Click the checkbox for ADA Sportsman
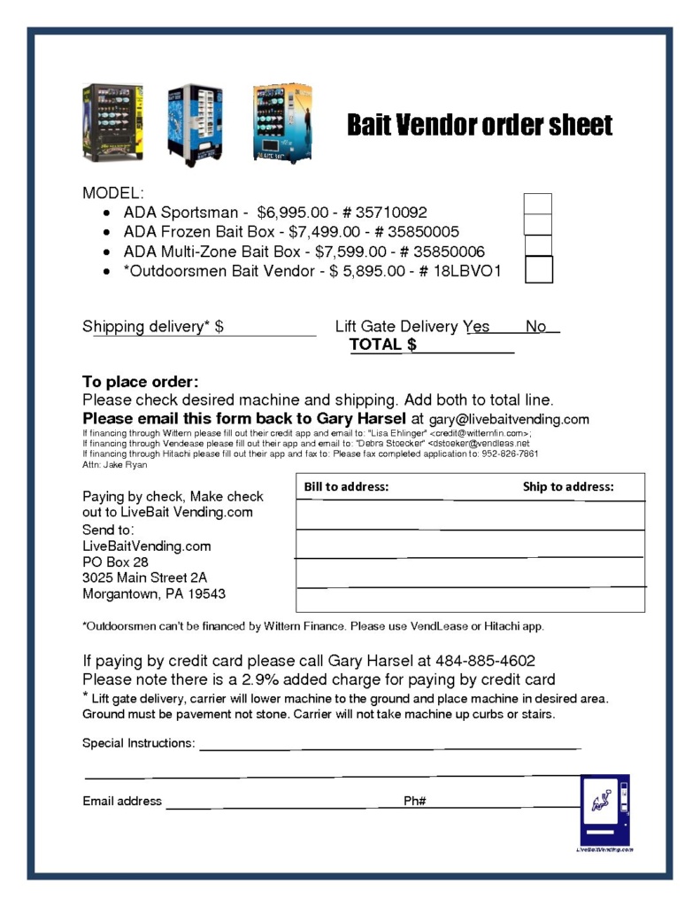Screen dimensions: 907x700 point(537,204)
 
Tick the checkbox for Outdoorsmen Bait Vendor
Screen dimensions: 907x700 point(538,269)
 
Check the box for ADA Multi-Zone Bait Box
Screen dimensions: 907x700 point(538,246)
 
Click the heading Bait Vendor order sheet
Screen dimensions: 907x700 point(479,125)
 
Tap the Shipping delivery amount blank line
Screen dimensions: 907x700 point(271,328)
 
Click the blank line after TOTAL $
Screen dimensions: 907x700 point(466,345)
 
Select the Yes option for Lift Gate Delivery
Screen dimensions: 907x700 point(477,327)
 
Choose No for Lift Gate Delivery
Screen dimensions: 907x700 point(536,327)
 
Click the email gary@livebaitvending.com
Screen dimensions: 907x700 point(509,419)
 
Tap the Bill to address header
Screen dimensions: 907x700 point(346,486)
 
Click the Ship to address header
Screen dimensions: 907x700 point(567,486)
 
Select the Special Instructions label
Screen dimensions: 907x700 point(138,743)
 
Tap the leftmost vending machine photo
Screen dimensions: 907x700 point(112,123)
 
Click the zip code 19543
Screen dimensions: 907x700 point(206,593)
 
